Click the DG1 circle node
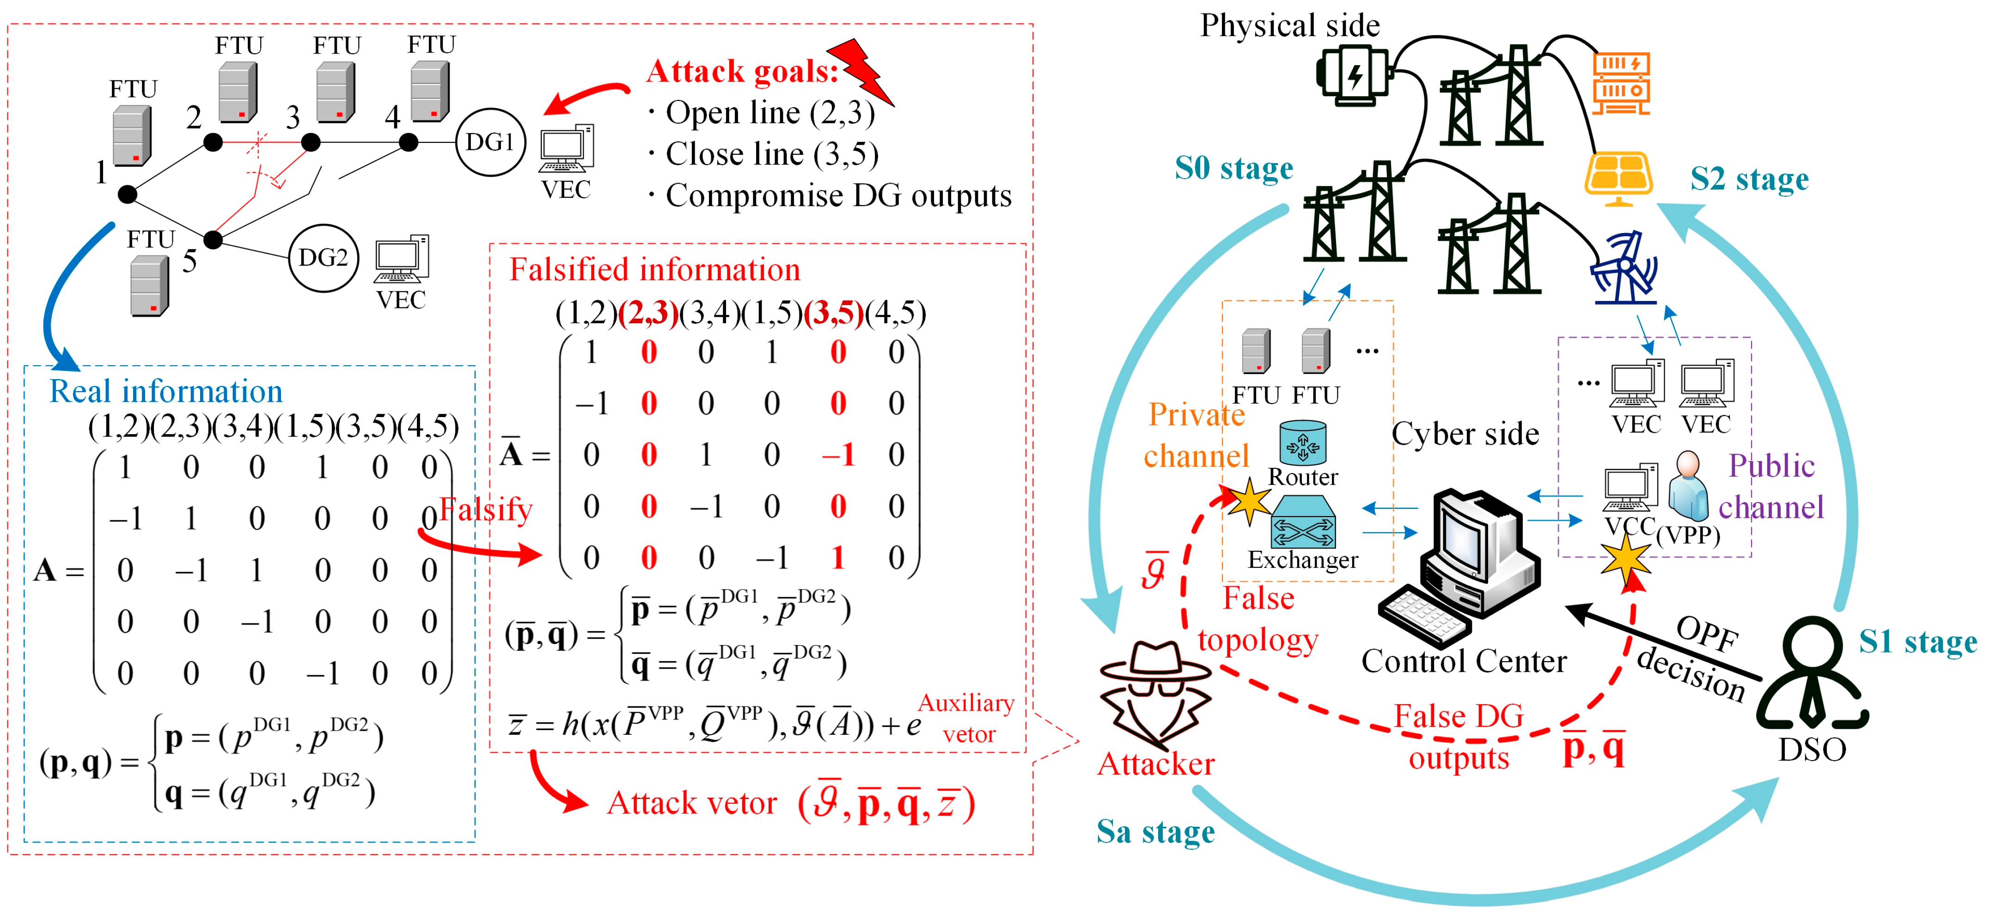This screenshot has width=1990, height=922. click(x=490, y=142)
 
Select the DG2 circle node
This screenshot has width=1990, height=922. click(x=323, y=258)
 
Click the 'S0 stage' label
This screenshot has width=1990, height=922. click(x=1234, y=168)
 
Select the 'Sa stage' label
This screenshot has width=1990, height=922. click(x=1156, y=832)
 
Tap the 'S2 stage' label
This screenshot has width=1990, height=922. click(x=1749, y=179)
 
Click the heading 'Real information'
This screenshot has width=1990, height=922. click(x=166, y=392)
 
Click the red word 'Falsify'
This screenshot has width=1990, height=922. click(x=486, y=510)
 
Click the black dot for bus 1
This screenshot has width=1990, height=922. click(x=128, y=194)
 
